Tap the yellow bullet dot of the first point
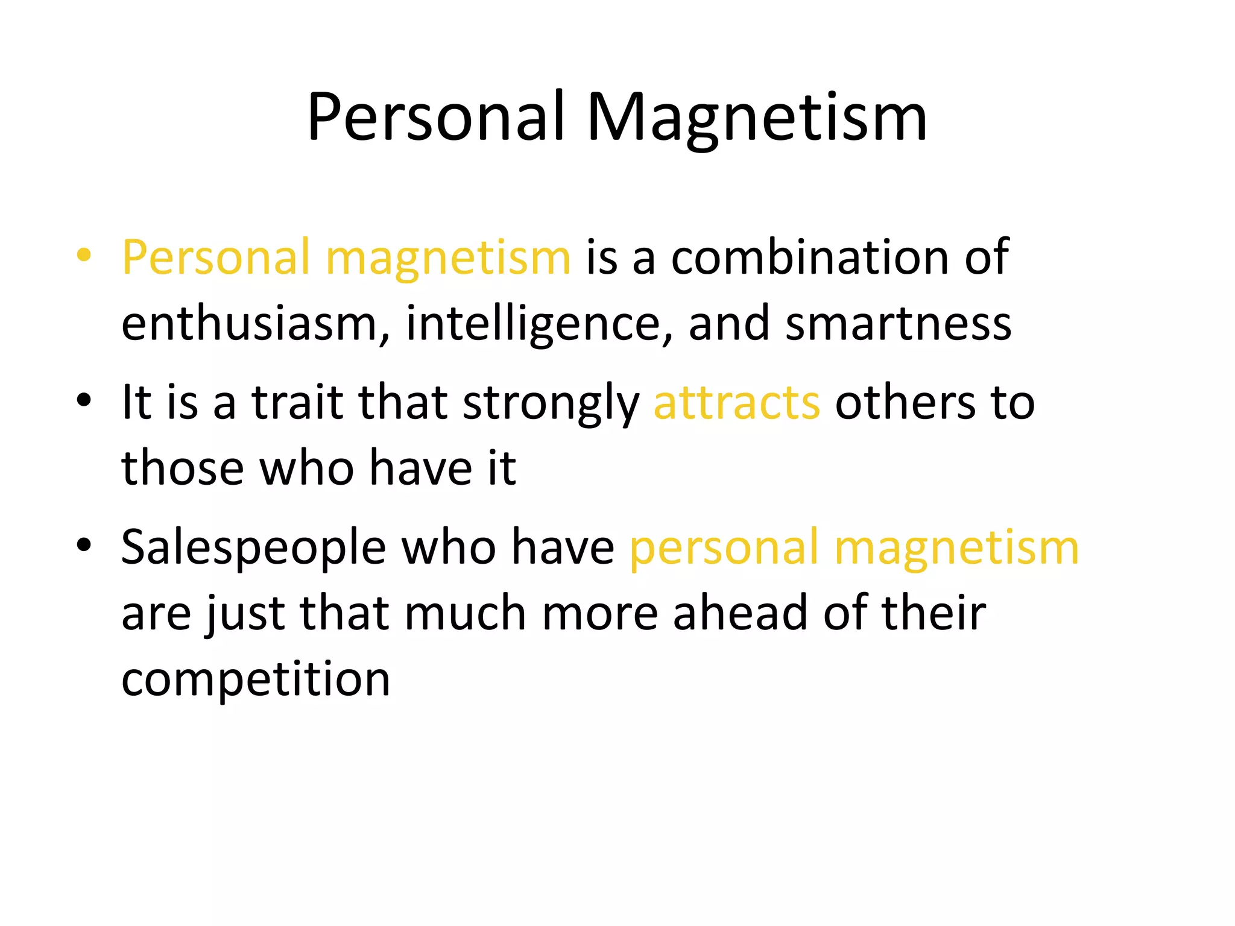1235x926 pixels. pos(84,254)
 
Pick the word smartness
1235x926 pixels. pos(899,324)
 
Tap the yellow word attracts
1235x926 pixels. pos(736,403)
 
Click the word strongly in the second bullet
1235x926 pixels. pos(551,403)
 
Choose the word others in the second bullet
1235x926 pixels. pos(904,403)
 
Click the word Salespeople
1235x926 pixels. pos(253,547)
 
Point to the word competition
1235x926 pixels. pos(256,679)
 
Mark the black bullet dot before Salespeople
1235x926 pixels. pos(84,544)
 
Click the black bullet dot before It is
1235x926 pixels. pos(84,399)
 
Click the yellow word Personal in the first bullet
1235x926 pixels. pos(215,257)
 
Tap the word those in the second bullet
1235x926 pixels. pos(183,468)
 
